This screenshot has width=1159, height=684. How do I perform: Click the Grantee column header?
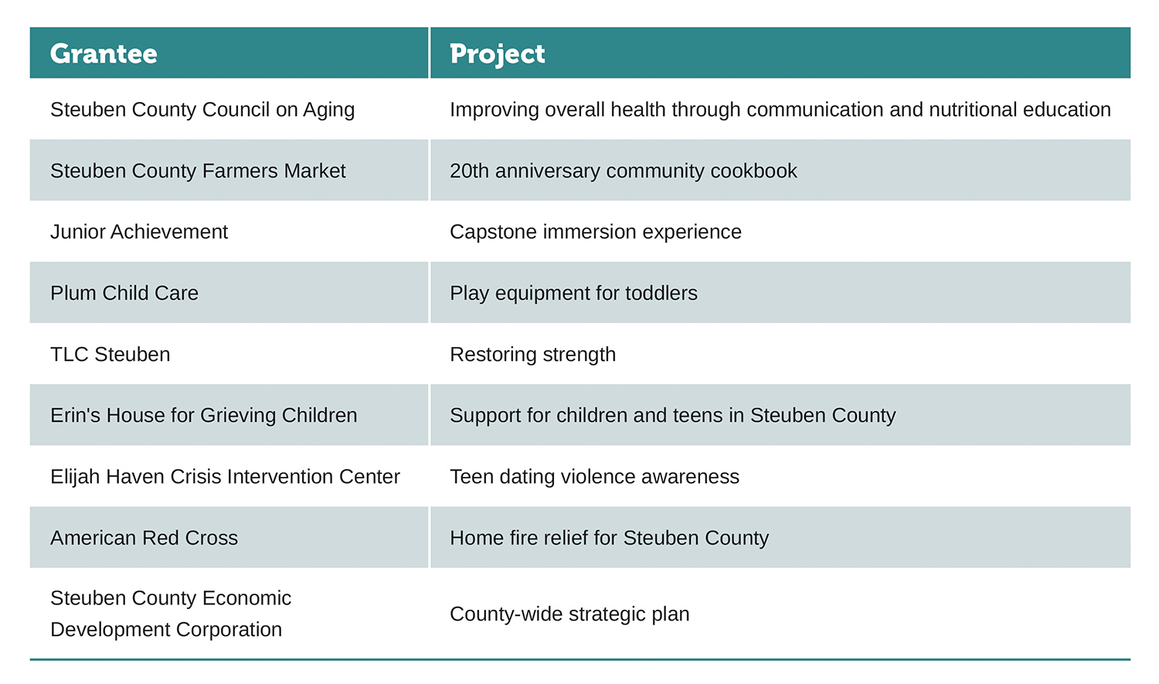(104, 54)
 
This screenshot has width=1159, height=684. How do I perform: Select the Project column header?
(498, 54)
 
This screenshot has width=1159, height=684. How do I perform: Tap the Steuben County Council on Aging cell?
(202, 111)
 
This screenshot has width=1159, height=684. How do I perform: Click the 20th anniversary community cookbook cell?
(623, 171)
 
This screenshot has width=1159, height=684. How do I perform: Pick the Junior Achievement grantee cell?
(138, 232)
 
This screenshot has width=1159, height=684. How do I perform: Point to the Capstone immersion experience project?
(596, 233)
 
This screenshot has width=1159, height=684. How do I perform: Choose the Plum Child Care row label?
(124, 293)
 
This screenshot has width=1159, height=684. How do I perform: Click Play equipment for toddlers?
(573, 294)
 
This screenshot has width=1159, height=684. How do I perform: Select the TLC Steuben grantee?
(110, 355)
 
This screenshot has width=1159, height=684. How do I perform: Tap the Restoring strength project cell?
(532, 355)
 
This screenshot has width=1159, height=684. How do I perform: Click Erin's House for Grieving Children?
(203, 416)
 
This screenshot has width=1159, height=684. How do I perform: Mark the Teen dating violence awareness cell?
(594, 477)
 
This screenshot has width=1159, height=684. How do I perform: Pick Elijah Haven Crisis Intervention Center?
(225, 477)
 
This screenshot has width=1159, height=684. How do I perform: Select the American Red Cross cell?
(144, 538)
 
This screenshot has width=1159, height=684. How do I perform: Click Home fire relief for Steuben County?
(609, 538)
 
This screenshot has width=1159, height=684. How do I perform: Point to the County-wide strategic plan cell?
(569, 614)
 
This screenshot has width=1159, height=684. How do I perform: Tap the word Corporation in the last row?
(229, 630)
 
